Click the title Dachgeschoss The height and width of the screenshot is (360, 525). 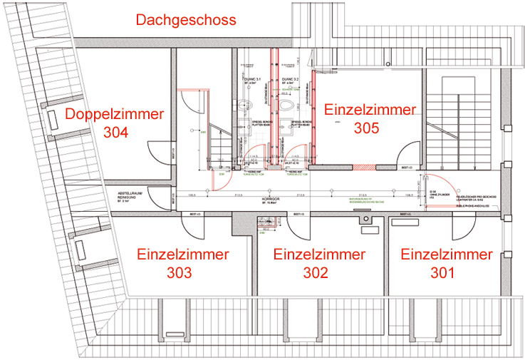click(x=186, y=20)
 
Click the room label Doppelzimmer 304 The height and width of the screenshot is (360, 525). click(x=115, y=123)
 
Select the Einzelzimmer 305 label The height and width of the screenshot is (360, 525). click(x=370, y=119)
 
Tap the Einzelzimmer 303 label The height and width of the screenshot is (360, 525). click(x=183, y=263)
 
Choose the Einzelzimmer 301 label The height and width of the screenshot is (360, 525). click(x=446, y=263)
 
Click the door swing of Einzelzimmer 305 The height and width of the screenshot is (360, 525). click(x=409, y=154)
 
